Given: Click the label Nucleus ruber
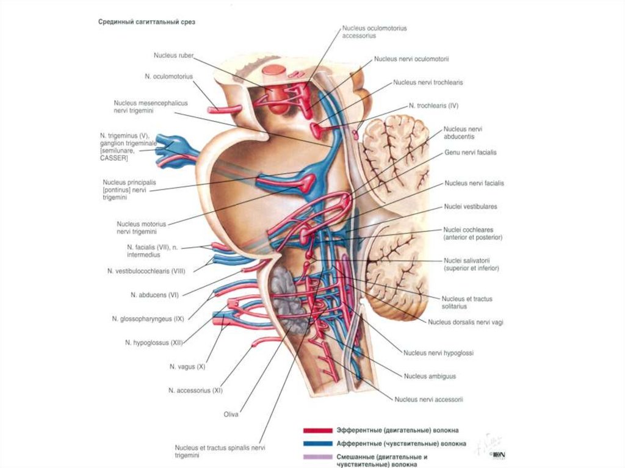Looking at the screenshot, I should coord(174,56).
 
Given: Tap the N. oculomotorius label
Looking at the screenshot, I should coord(169,76).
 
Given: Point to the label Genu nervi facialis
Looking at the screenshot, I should coord(470,153).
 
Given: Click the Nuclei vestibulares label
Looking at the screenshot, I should coord(471,207).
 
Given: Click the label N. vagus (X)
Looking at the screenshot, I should coord(188,367).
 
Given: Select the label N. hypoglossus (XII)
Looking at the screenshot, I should coord(154,343).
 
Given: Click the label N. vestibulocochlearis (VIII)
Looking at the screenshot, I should coord(146,270).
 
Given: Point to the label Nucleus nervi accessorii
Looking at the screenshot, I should coord(428,400).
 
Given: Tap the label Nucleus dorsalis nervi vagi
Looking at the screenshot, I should coord(466,322).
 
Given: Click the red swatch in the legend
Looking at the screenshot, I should coord(317,430).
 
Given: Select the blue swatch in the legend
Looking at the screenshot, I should coord(317,444).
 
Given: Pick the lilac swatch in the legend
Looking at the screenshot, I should coord(317,457).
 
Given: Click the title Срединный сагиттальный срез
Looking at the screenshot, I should coord(147,22).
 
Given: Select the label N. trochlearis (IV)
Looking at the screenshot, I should coord(433,106).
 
